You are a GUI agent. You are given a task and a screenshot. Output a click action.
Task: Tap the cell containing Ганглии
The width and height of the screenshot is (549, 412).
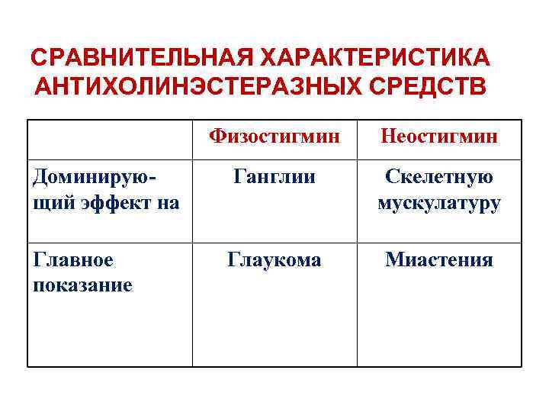(x=274, y=177)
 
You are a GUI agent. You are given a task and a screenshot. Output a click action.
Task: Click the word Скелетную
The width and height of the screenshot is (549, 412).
(x=439, y=177)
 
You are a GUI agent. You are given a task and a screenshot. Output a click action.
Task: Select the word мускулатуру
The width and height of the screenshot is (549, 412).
(x=439, y=203)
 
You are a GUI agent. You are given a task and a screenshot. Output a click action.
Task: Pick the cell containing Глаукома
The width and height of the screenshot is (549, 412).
(x=274, y=259)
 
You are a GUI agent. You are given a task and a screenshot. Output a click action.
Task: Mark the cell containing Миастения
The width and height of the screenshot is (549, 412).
(x=439, y=259)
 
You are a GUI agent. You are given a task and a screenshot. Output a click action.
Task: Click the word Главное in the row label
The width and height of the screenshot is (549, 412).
(x=73, y=259)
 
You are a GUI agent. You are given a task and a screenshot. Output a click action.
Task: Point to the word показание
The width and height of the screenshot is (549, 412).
(x=83, y=285)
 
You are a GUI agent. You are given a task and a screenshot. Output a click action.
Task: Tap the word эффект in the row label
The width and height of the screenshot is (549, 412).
(x=114, y=203)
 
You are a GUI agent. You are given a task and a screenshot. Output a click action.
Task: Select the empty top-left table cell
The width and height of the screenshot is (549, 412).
(x=110, y=138)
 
